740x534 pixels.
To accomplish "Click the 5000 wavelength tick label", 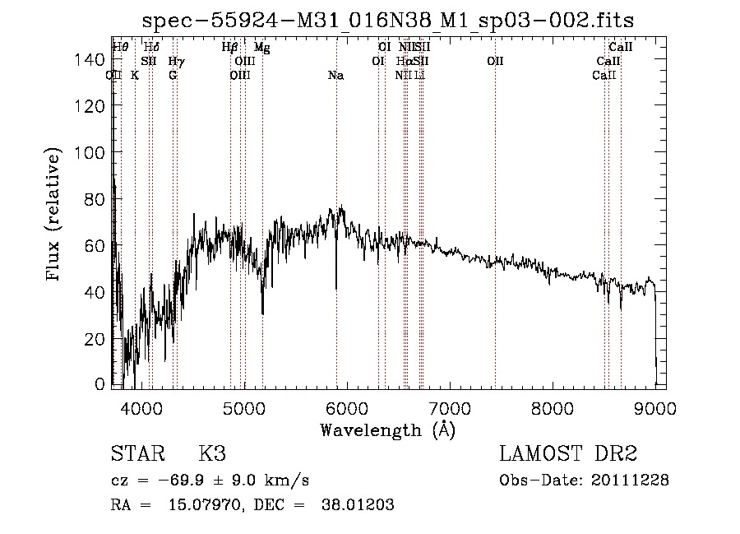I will click(244, 406).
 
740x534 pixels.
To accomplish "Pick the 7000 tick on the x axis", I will click(450, 406).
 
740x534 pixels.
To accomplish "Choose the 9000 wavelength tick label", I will click(655, 406).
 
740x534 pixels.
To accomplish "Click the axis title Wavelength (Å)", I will click(387, 430).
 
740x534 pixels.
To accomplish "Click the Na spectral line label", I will click(335, 76).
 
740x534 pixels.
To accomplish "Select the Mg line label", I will click(261, 48).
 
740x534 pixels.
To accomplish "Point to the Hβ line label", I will click(230, 48).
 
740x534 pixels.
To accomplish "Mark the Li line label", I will click(419, 76).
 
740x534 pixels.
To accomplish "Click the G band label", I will click(173, 76).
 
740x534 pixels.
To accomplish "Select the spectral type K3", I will click(212, 454).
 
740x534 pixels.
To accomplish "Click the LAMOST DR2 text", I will click(568, 454).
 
